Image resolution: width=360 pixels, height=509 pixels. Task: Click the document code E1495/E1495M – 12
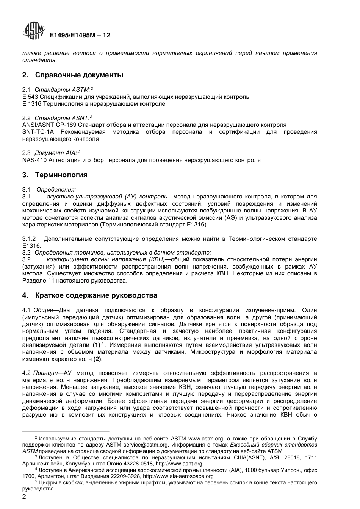(80, 35)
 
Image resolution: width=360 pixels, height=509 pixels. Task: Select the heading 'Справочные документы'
(79, 75)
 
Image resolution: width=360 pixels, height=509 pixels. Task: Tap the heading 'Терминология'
(61, 175)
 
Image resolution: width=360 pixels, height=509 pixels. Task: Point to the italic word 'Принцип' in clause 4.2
(44, 373)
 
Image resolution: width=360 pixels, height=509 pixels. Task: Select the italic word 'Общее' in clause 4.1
(43, 310)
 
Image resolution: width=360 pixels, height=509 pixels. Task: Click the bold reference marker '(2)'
(98, 359)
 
